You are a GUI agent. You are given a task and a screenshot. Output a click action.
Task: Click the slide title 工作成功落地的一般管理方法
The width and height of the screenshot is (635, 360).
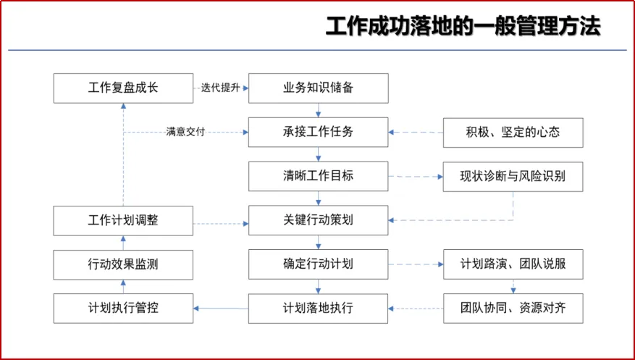[463, 27]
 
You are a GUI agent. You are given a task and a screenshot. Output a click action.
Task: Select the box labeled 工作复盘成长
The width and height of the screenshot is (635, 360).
[124, 88]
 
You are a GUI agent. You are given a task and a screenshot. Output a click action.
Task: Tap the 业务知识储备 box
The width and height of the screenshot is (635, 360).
[319, 88]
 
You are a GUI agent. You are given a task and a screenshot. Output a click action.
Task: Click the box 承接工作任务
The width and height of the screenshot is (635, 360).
[319, 132]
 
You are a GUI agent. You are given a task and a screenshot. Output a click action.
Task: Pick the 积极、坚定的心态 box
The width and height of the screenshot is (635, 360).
[513, 133]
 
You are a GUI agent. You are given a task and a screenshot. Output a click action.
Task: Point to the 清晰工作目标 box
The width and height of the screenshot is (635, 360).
[319, 176]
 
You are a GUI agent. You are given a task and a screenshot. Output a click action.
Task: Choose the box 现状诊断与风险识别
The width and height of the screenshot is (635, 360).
[513, 177]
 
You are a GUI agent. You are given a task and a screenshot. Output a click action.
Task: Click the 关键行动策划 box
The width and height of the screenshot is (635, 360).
[319, 220]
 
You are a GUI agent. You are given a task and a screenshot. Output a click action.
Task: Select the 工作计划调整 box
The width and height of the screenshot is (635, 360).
[124, 221]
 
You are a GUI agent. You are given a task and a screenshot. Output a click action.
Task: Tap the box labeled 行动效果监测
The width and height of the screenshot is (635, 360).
[124, 265]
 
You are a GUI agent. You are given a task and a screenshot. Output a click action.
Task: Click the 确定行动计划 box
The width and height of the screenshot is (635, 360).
[319, 264]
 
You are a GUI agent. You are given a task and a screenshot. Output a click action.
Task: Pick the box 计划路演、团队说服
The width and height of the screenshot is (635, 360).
[513, 264]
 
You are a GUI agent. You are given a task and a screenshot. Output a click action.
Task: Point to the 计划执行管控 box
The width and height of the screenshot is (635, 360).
[124, 309]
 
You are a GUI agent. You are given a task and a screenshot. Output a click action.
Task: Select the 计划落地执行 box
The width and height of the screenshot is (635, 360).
[319, 309]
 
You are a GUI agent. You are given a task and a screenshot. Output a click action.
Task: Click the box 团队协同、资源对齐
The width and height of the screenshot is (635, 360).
[513, 309]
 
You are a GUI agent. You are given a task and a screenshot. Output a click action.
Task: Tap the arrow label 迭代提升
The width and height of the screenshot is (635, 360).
[220, 88]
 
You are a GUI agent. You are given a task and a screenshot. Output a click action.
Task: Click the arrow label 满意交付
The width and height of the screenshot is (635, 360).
[185, 132]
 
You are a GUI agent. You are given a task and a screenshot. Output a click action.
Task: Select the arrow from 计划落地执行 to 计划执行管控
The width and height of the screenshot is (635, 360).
[221, 309]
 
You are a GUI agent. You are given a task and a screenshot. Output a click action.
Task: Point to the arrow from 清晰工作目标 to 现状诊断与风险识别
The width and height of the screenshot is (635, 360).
[416, 177]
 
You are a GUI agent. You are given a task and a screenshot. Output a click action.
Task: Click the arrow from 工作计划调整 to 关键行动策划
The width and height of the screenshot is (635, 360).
[221, 224]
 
